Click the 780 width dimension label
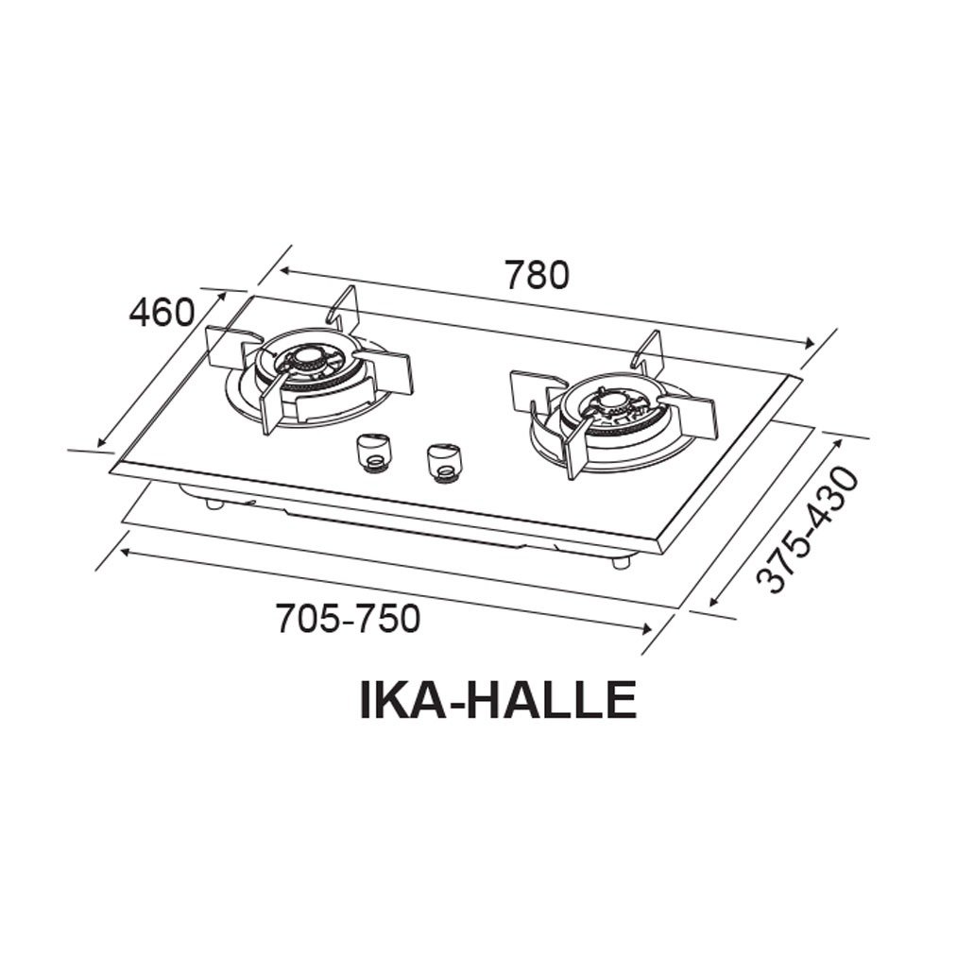tap(537, 275)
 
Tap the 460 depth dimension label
tap(162, 312)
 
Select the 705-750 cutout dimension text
tap(347, 620)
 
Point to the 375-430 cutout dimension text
tap(811, 529)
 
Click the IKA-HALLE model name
tap(497, 700)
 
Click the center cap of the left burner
tap(308, 358)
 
